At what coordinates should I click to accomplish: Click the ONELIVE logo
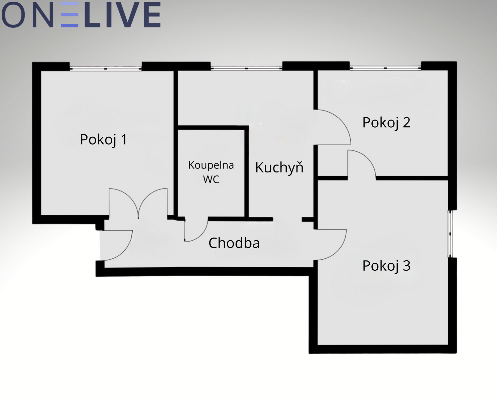(x=81, y=15)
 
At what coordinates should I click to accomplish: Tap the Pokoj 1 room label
(x=104, y=139)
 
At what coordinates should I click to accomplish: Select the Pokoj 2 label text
(x=386, y=123)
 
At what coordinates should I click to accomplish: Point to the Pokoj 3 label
(x=386, y=266)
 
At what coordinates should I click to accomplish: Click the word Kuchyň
(x=279, y=167)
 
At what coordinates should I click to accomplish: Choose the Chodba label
(x=234, y=243)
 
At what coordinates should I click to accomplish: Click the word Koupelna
(x=211, y=165)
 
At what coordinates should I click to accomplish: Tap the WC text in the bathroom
(x=211, y=179)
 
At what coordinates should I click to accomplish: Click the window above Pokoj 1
(x=106, y=69)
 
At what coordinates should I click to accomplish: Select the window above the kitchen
(x=246, y=68)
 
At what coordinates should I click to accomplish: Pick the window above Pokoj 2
(x=385, y=68)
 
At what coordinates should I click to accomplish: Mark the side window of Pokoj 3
(x=450, y=234)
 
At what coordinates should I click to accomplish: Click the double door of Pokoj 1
(x=138, y=204)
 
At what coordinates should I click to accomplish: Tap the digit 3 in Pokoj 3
(x=406, y=266)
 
